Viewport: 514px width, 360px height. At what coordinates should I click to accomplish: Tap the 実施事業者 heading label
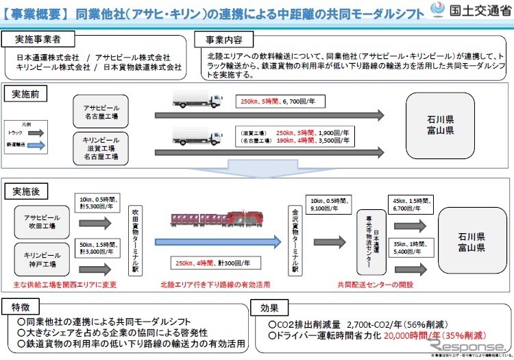(34, 39)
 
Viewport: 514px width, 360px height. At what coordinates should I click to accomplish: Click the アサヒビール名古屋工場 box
(101, 111)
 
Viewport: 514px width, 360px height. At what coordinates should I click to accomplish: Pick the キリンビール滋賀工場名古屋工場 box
(101, 147)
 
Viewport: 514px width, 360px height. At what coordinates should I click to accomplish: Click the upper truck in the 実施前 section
(197, 99)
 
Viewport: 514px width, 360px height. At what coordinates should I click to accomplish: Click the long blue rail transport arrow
(219, 241)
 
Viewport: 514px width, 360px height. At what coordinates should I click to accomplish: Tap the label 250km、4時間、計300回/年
(208, 261)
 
